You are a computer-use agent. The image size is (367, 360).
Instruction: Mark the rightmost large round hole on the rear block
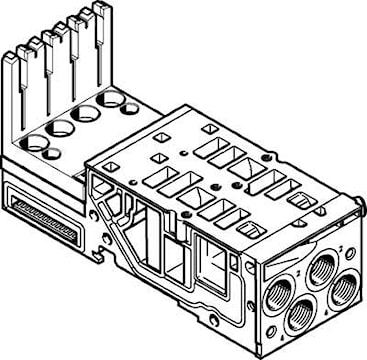pyautogui.click(x=113, y=100)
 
